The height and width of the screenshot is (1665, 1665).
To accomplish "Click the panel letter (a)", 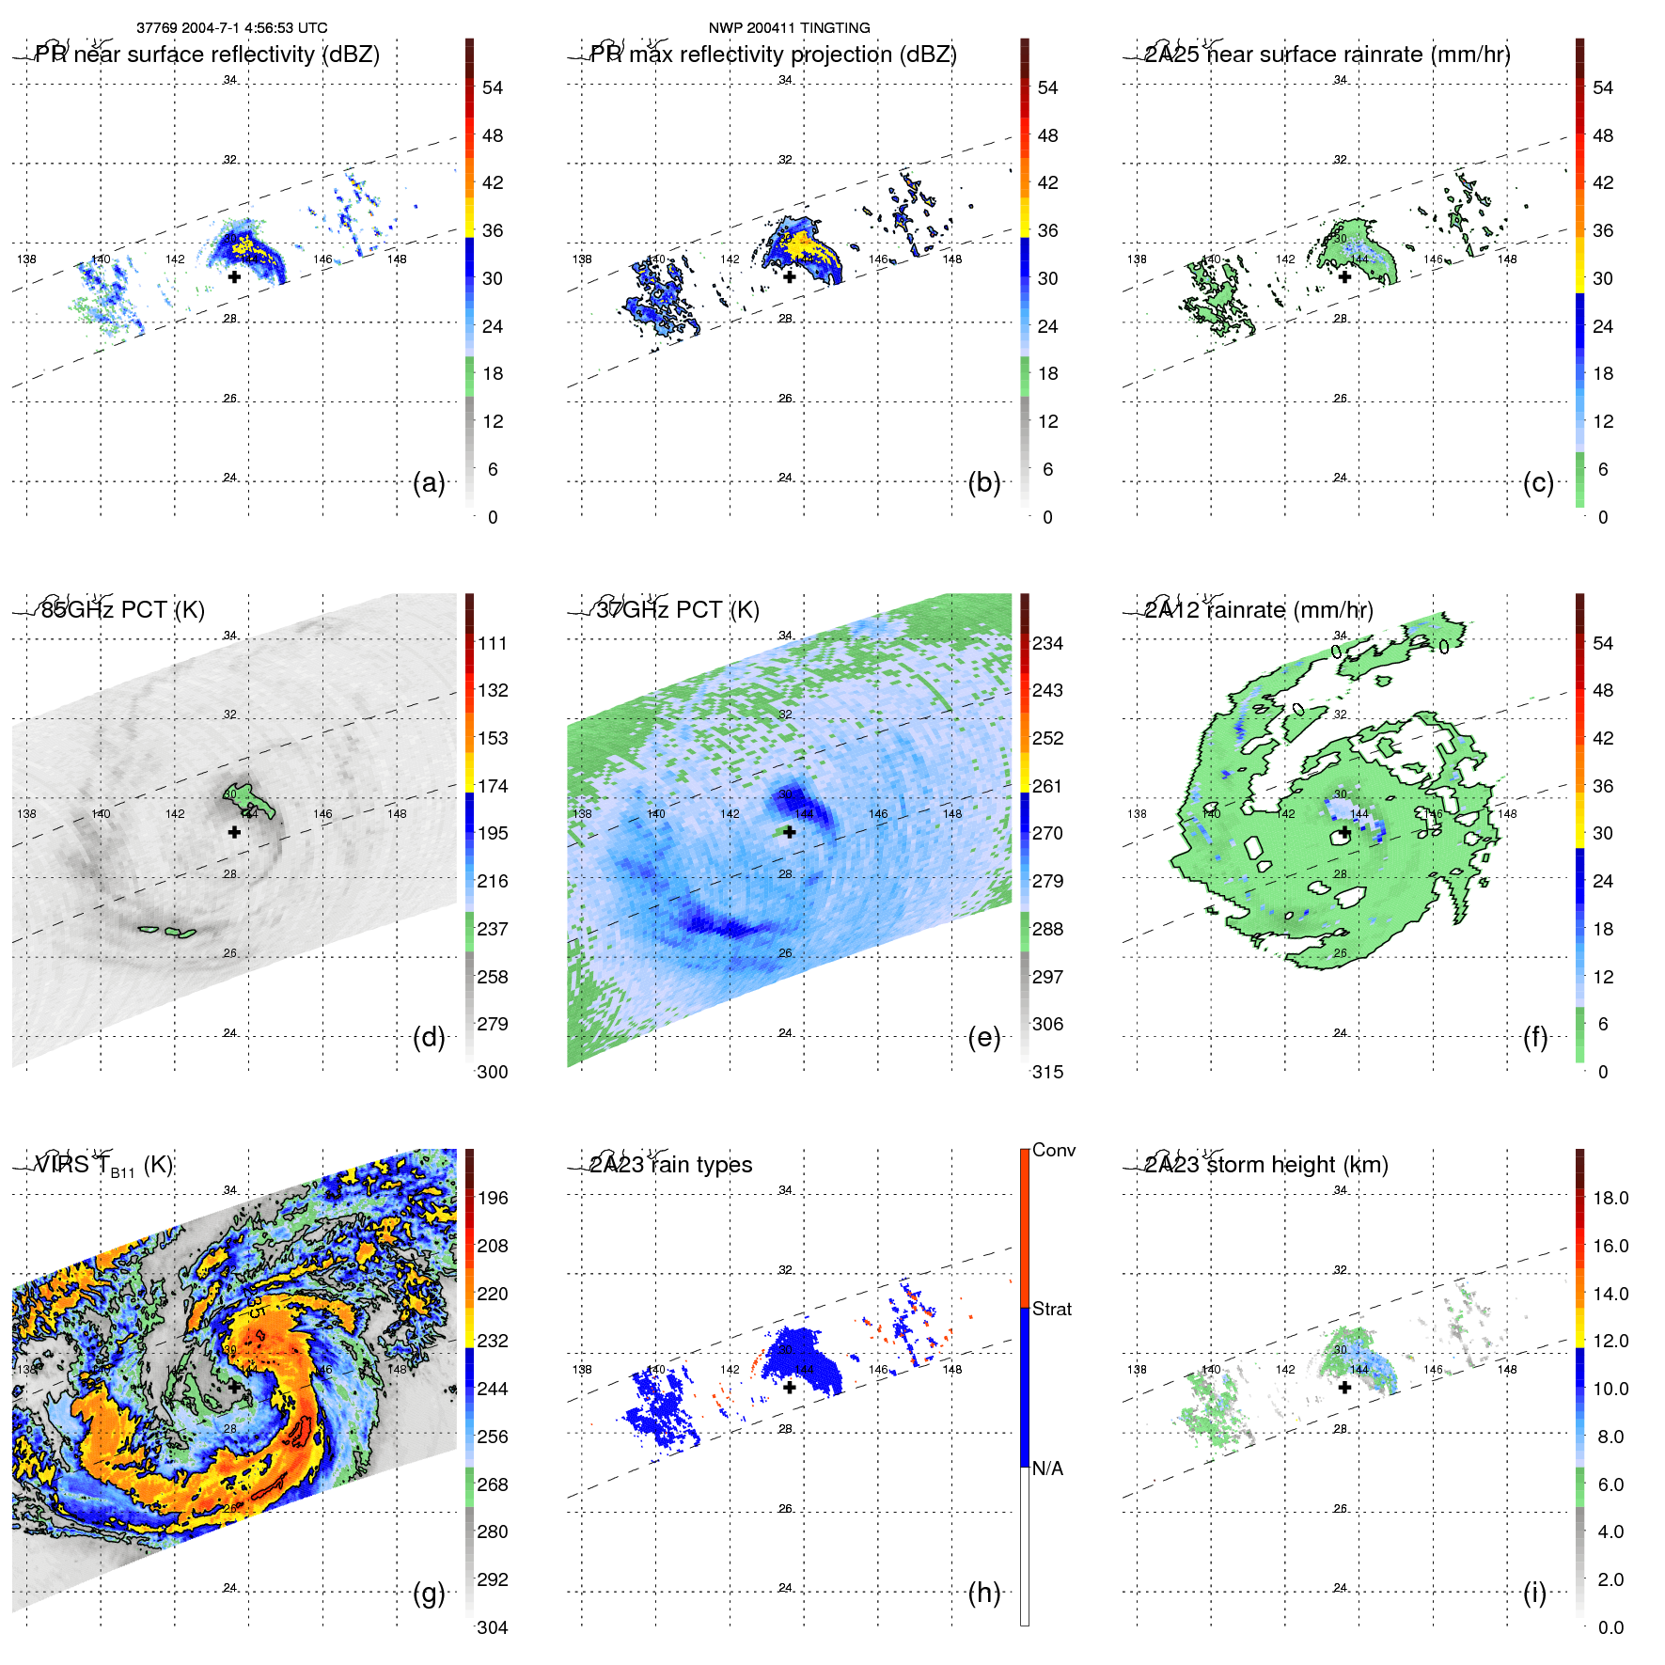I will coord(429,483).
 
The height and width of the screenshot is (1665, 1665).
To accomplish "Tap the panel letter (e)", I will coord(984,1038).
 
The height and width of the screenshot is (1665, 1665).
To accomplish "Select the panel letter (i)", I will coord(1534,1593).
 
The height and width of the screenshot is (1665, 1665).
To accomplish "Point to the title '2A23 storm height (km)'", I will coord(1266,1165).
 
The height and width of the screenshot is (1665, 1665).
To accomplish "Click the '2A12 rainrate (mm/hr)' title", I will coord(1259,610).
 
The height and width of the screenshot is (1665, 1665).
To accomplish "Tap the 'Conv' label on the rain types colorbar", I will coord(1054,1150).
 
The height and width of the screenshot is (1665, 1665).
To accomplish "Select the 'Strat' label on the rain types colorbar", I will coord(1052,1309).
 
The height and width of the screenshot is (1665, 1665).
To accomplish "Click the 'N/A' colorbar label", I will coord(1048,1469).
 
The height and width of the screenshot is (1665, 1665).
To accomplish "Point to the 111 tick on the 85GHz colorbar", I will coord(493,643).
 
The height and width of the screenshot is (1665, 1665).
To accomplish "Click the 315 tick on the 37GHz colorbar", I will coord(1048,1072).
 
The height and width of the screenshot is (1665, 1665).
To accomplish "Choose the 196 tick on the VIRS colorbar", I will coord(493,1198).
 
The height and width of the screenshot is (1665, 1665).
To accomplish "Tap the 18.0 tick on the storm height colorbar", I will coord(1610,1198).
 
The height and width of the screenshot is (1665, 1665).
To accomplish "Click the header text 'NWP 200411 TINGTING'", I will coord(790,28).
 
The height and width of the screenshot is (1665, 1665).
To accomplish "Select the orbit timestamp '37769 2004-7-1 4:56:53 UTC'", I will coord(232,28).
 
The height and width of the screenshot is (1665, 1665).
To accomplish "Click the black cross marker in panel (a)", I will coord(234,276).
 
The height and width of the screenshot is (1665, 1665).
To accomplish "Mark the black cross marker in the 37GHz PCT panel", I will coord(790,832).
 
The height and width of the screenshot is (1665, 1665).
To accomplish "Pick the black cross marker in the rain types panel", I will coord(790,1387).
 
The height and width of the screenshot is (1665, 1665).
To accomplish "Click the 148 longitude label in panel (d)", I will coord(397,814).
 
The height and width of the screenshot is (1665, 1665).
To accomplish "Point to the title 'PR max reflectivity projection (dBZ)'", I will coord(773,55).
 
